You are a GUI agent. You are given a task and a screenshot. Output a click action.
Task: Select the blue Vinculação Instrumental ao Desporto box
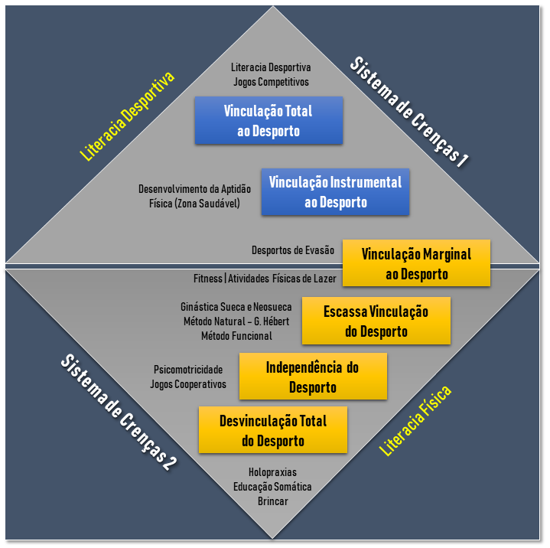(x=335, y=192)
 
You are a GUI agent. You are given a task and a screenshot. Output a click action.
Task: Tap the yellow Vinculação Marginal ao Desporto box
(x=415, y=263)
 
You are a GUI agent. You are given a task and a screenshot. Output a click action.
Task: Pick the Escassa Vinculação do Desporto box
(x=376, y=321)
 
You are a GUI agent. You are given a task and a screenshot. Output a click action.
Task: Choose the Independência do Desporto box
(x=312, y=377)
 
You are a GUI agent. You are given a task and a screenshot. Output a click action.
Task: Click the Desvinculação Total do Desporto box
(x=272, y=430)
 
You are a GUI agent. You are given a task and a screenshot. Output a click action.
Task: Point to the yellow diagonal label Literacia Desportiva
(x=128, y=116)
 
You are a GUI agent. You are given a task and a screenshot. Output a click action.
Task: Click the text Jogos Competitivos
(x=271, y=80)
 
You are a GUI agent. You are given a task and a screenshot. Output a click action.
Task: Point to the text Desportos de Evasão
(x=293, y=250)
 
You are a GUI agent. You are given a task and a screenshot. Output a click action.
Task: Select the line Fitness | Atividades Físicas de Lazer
(x=263, y=278)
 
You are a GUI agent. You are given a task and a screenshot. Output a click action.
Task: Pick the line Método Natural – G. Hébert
(x=236, y=321)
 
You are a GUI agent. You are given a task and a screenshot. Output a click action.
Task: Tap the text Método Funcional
(x=236, y=335)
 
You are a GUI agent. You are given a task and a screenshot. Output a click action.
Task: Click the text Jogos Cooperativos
(x=188, y=383)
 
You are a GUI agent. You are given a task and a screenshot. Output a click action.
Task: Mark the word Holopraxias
(x=272, y=472)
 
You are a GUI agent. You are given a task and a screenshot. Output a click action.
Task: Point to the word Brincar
(x=272, y=501)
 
